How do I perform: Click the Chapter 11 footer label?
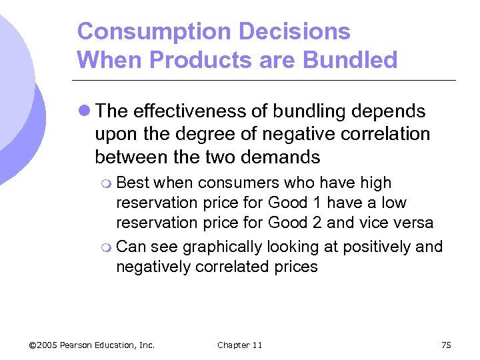[239, 345]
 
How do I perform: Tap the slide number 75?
[446, 345]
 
